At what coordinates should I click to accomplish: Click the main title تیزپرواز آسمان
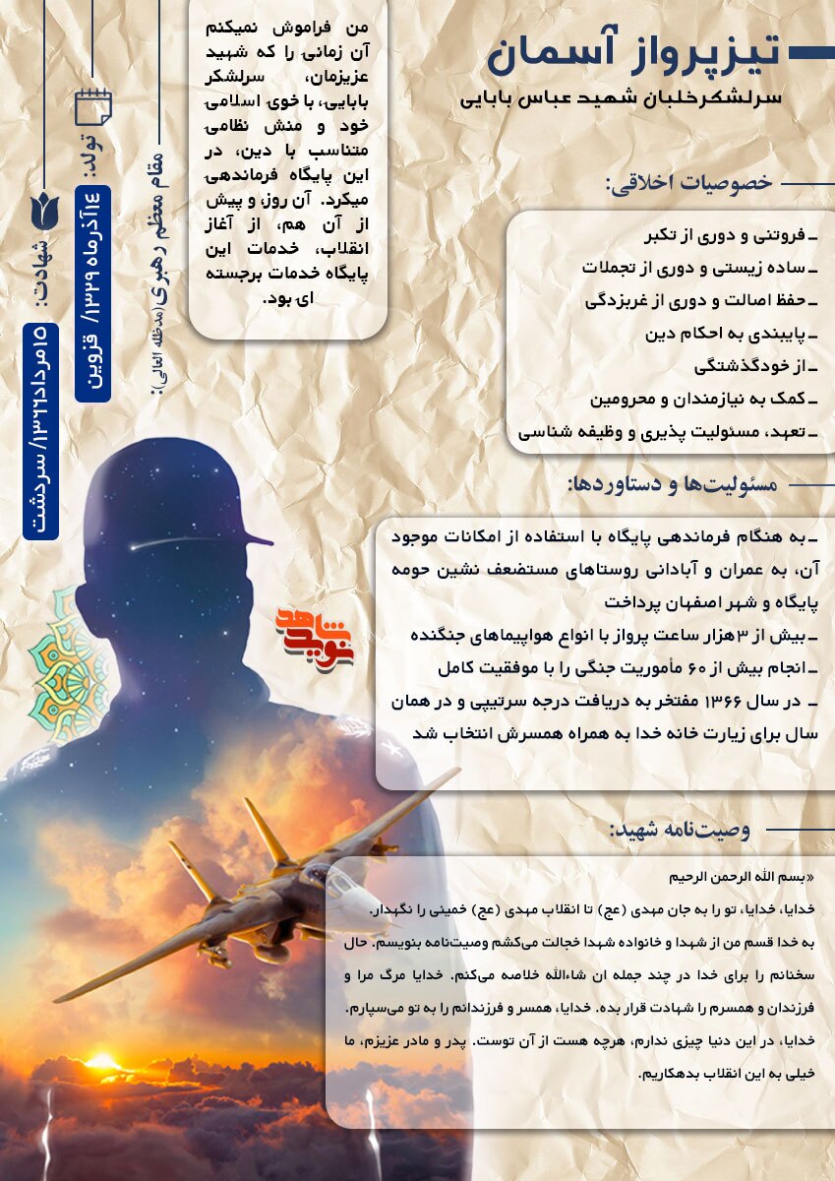pyautogui.click(x=633, y=54)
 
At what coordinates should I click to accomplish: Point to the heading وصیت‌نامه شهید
pyautogui.click(x=680, y=830)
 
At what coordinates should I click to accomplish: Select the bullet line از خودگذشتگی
pyautogui.click(x=756, y=366)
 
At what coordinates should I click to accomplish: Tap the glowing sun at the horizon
pyautogui.click(x=103, y=1062)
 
